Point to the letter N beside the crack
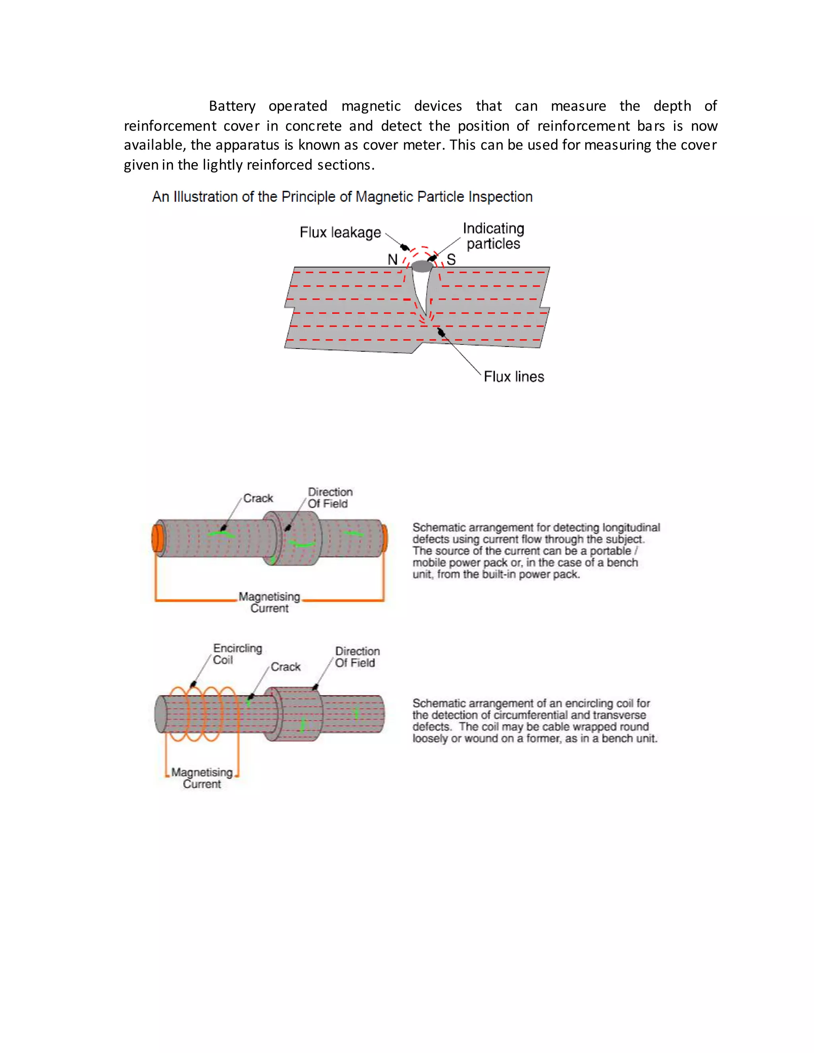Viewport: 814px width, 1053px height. (393, 260)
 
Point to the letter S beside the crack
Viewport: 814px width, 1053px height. (451, 260)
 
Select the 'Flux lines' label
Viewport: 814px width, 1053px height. (514, 377)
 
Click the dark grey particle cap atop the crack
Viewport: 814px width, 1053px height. (422, 266)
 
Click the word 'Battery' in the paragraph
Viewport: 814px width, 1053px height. (232, 106)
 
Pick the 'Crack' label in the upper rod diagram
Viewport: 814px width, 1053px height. (258, 498)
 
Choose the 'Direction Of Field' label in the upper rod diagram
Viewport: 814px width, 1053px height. (330, 497)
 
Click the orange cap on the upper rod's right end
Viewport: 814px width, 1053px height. (384, 538)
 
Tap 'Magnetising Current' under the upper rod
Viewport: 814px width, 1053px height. (269, 603)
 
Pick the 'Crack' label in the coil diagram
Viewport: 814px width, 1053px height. (285, 667)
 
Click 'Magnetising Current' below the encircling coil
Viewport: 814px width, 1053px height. (202, 778)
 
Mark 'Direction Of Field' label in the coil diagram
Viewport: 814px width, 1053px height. (357, 657)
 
